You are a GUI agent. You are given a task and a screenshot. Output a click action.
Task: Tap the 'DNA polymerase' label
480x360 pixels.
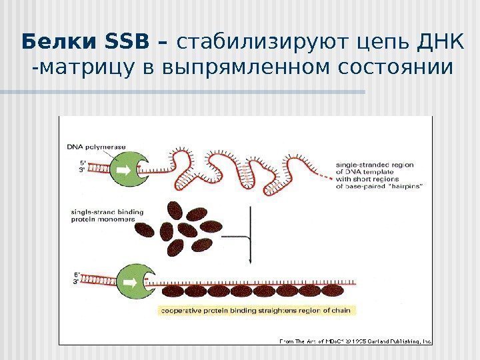pos(97,147)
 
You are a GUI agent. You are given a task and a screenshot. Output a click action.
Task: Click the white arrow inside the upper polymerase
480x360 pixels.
pos(127,169)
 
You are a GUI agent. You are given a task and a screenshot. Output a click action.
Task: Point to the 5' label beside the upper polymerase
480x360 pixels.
pos(83,162)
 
